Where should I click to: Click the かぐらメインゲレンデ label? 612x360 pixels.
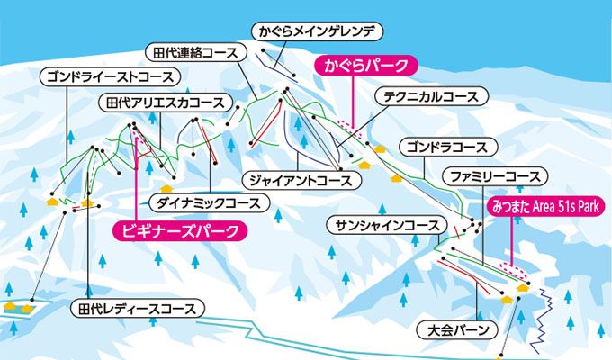coord(317,31)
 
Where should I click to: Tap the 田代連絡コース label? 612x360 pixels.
coord(195,53)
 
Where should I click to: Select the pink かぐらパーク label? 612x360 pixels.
coord(366,66)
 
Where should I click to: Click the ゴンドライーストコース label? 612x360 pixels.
coord(110,76)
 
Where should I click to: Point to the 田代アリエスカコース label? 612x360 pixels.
coord(166,103)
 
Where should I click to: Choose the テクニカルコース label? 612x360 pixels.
coord(431,96)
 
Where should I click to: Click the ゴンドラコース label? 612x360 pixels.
coord(448,148)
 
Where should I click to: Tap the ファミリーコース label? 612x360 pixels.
coord(495,177)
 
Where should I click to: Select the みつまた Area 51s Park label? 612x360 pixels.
coord(545,206)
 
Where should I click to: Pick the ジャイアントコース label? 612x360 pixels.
coord(301,181)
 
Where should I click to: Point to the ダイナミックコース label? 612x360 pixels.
coord(209,203)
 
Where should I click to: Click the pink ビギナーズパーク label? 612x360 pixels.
coord(180,231)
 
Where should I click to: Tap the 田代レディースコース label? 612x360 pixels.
coord(138,309)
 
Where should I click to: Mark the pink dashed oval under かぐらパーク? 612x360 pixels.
coord(350,129)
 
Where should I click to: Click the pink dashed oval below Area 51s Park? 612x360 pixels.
coord(513,270)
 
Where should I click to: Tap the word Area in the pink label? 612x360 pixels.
coord(545,207)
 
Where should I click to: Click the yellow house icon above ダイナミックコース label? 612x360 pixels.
coord(166,189)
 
